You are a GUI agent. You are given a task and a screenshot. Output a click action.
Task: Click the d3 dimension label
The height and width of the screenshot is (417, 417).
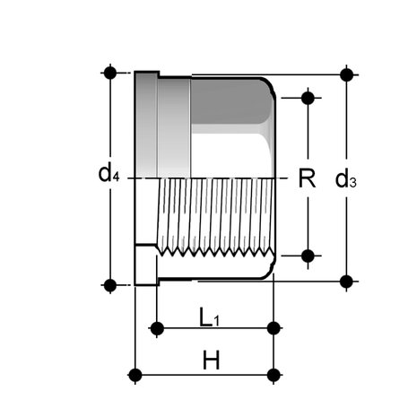(x=346, y=178)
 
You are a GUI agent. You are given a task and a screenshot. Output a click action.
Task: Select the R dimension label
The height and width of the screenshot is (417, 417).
(x=307, y=178)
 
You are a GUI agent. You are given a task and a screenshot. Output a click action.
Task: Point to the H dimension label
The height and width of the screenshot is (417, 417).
(x=211, y=361)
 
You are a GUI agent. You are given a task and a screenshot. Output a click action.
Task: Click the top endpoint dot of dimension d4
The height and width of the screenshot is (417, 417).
(x=110, y=73)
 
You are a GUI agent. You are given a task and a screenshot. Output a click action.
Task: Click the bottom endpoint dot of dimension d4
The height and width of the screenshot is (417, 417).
(x=110, y=285)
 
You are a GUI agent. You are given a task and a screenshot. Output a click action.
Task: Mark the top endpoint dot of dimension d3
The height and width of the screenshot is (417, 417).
(x=346, y=74)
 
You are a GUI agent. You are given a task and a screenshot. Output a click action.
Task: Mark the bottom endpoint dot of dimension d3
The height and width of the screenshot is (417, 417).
(x=346, y=282)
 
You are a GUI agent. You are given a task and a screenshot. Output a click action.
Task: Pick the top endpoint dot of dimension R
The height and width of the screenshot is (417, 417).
(x=308, y=98)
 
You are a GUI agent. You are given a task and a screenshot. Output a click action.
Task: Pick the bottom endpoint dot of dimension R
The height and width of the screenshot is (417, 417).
(x=308, y=256)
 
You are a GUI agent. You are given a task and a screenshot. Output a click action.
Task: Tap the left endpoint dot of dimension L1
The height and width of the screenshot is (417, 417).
(x=157, y=328)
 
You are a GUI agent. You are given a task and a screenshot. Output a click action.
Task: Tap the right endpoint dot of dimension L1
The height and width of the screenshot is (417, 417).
(x=274, y=328)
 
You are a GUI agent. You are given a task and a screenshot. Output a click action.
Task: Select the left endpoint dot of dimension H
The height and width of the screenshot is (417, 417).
(x=135, y=375)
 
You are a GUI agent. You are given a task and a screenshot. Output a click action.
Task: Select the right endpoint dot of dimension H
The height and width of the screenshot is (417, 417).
(x=274, y=375)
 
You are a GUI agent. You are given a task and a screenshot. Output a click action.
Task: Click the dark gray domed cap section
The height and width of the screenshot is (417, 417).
(x=231, y=101)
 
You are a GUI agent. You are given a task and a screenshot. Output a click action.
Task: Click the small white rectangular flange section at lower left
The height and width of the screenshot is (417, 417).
(x=145, y=265)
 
